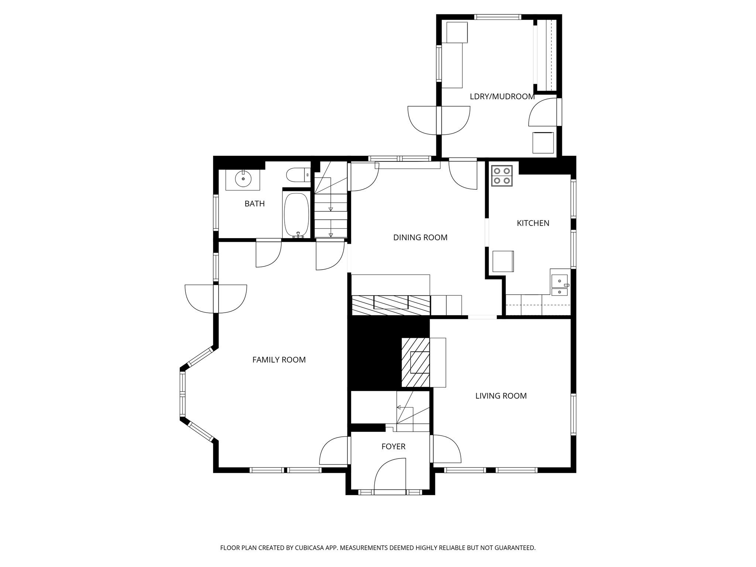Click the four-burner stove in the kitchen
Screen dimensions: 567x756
pyautogui.click(x=502, y=176)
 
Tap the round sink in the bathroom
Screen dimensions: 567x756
pyautogui.click(x=243, y=179)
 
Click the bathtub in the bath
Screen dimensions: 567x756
pyautogui.click(x=296, y=215)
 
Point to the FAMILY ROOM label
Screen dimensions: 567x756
pyautogui.click(x=279, y=360)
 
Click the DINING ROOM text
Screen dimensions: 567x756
pyautogui.click(x=420, y=237)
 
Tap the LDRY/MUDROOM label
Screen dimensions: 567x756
pyautogui.click(x=502, y=97)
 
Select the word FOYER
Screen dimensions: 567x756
pyautogui.click(x=393, y=447)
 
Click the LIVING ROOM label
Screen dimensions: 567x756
pyautogui.click(x=501, y=396)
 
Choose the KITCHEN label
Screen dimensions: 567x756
pyautogui.click(x=533, y=223)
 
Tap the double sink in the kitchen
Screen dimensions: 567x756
pyautogui.click(x=560, y=285)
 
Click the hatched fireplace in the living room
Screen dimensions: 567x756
pyautogui.click(x=416, y=362)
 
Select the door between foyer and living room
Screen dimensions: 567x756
pyautogui.click(x=446, y=449)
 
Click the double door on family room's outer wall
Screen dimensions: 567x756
pyautogui.click(x=216, y=299)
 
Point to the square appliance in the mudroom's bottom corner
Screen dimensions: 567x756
pyautogui.click(x=543, y=142)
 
